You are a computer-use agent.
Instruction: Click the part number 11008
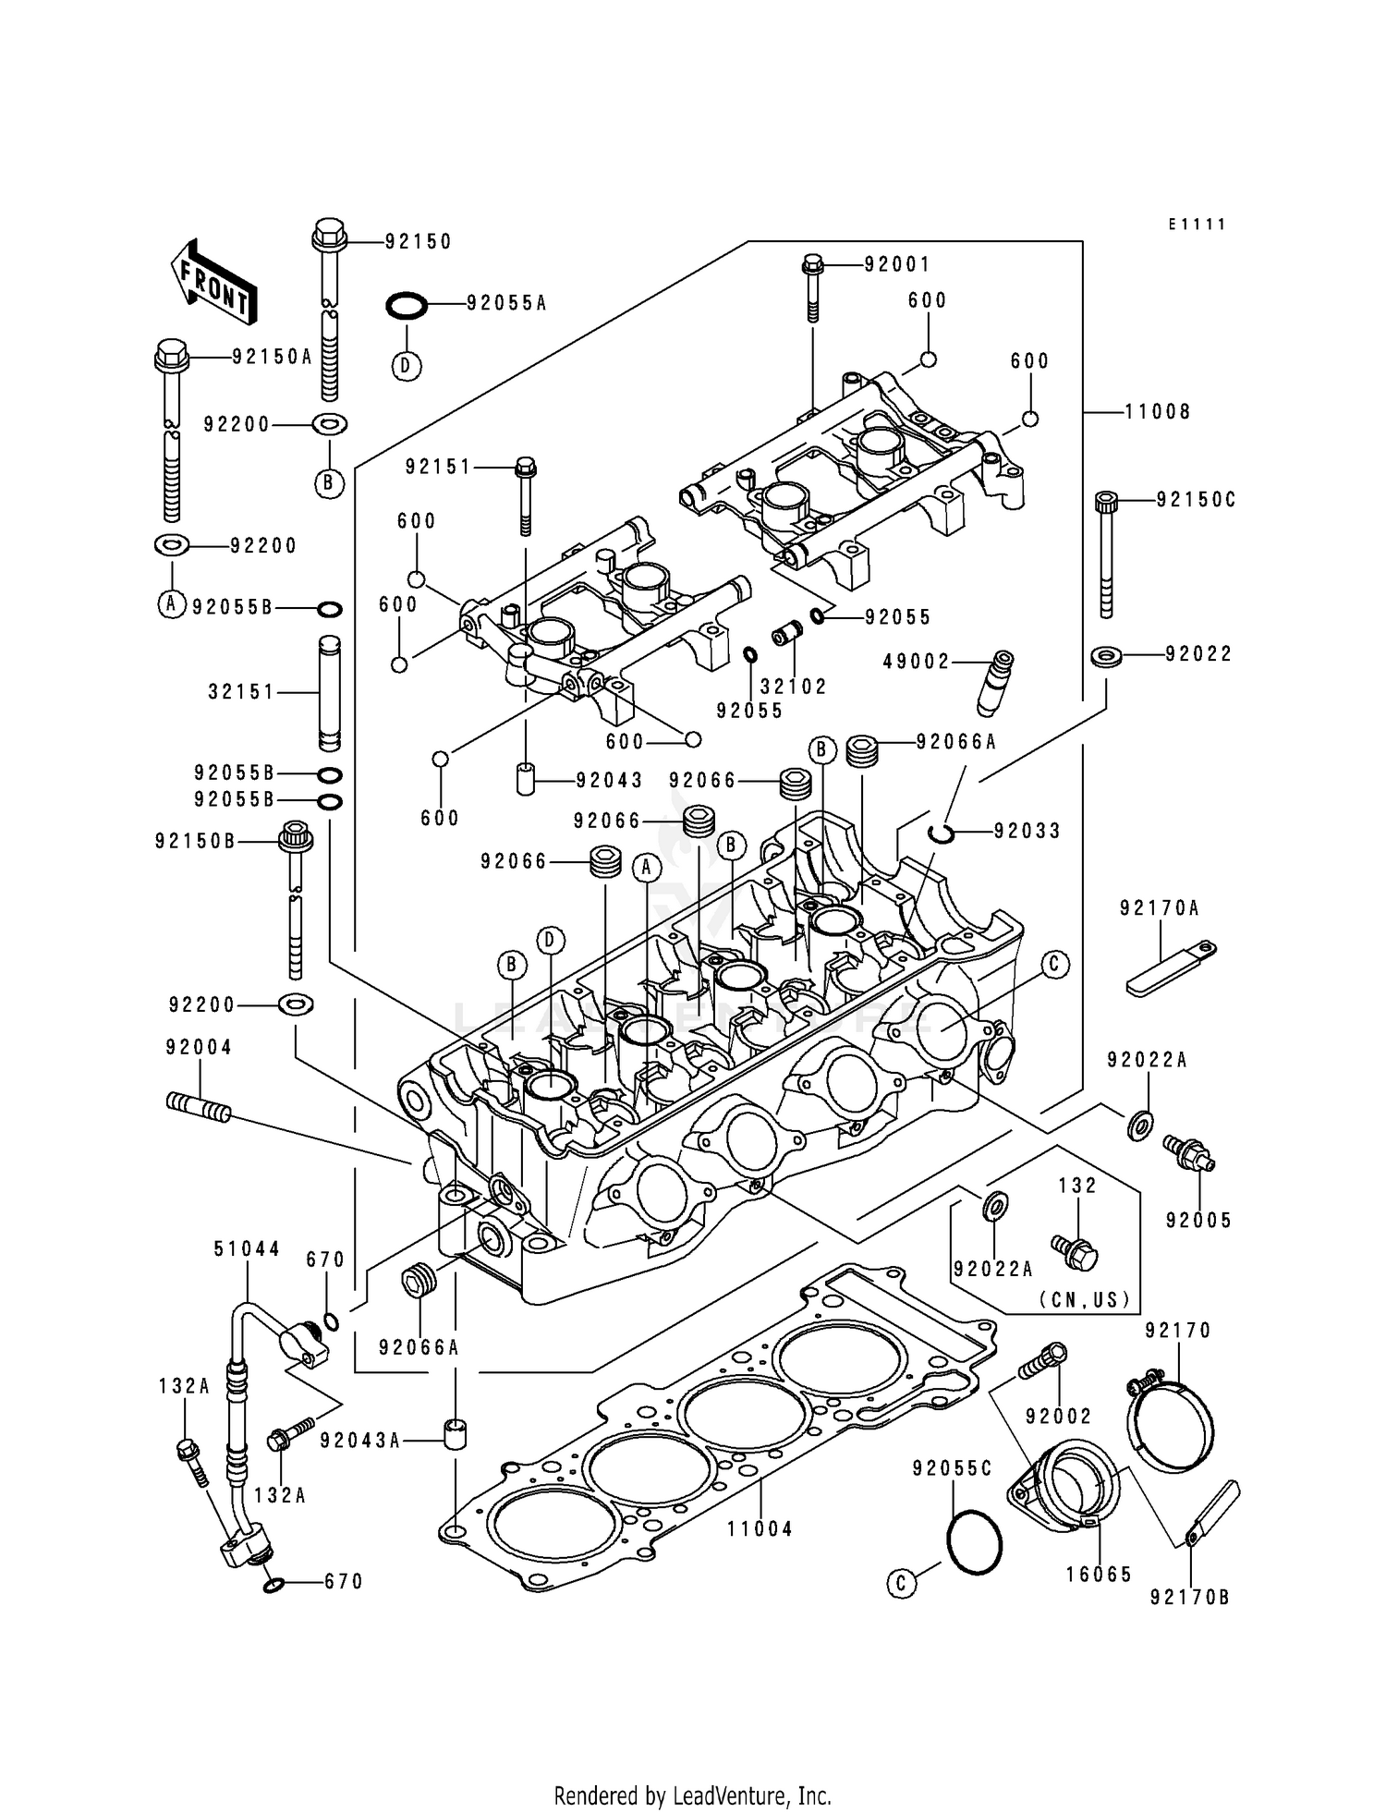coord(1157,412)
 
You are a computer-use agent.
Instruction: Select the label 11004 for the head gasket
coord(760,1529)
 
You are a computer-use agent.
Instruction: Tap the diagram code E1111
coord(1197,225)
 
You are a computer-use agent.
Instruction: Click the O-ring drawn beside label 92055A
coord(406,305)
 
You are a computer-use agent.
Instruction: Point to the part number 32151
coord(241,691)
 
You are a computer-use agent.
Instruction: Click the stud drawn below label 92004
coord(199,1105)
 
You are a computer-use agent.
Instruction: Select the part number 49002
coord(917,662)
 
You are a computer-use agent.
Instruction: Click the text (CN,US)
coord(1084,1299)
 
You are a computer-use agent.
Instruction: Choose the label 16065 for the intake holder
coord(1099,1575)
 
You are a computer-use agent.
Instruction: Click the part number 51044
coord(247,1249)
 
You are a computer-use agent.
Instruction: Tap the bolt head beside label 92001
coord(812,264)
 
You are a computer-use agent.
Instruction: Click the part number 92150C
coord(1196,500)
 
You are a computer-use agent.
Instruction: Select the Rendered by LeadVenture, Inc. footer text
coord(692,1796)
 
